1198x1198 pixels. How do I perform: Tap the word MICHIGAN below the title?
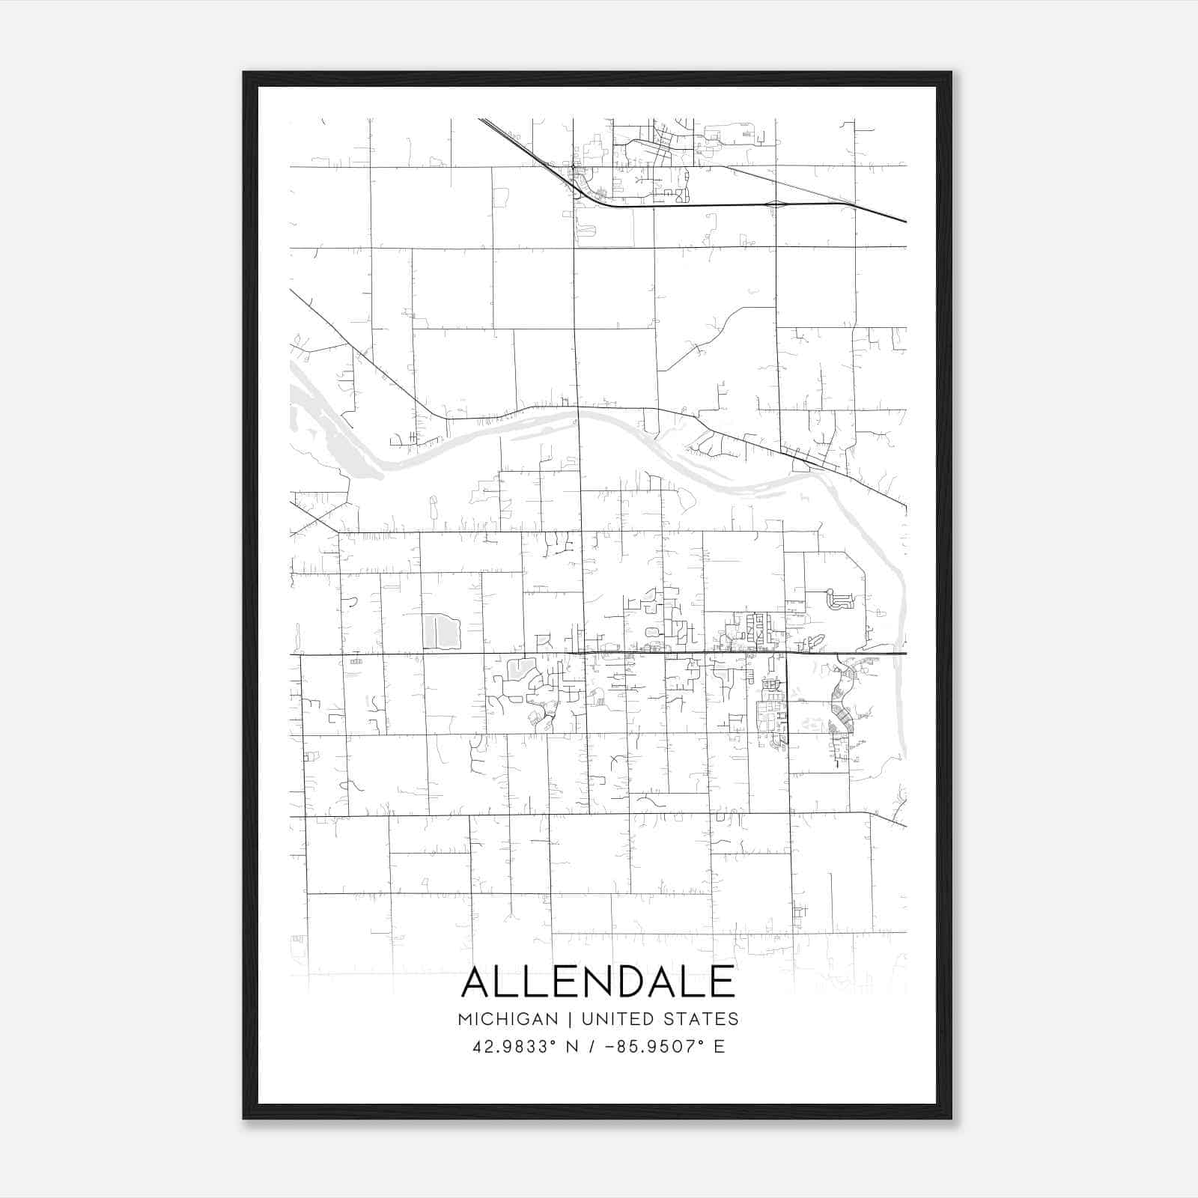point(508,1019)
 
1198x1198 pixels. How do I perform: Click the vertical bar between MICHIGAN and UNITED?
point(570,1019)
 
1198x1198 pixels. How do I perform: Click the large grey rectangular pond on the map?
point(440,632)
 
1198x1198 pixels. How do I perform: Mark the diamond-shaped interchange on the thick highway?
point(776,203)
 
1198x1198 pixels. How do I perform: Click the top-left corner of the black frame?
point(244,73)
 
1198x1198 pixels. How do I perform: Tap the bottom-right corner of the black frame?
point(951,1118)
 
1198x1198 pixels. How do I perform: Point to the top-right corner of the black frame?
point(951,73)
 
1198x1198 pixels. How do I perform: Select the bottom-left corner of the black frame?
point(244,1118)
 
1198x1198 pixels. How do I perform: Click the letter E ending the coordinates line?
point(720,1047)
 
